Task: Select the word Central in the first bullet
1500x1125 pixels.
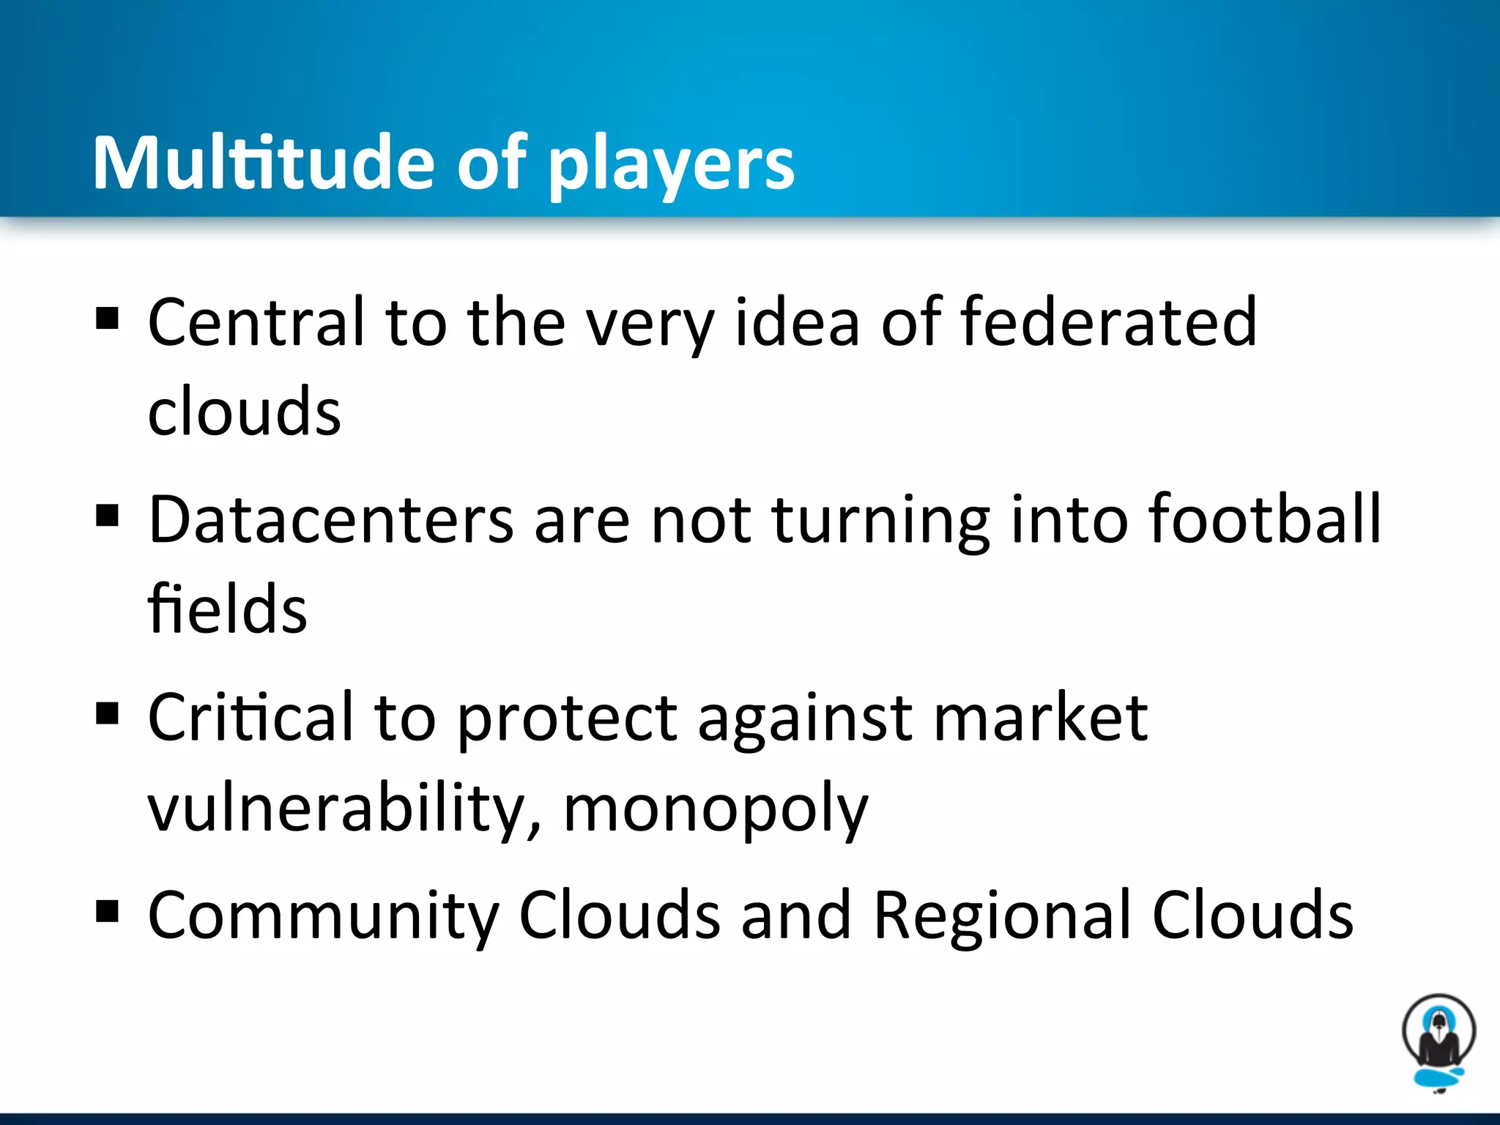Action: (x=256, y=322)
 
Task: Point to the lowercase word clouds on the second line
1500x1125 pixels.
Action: (x=244, y=412)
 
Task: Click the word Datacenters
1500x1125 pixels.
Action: (x=331, y=520)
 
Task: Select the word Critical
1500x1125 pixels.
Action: (x=251, y=718)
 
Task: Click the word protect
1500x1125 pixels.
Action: (x=567, y=719)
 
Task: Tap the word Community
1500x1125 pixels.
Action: (x=323, y=916)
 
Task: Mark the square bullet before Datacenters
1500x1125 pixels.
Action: (x=107, y=516)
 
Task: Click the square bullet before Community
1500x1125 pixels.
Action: (x=107, y=913)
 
